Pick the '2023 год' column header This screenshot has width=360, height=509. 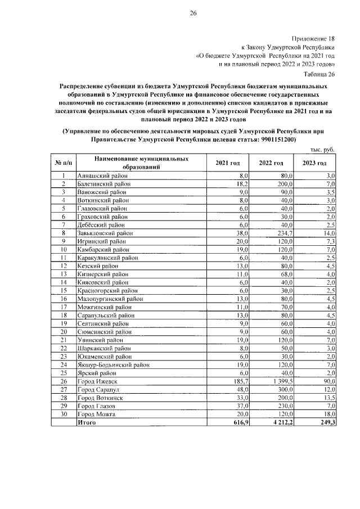[314, 163]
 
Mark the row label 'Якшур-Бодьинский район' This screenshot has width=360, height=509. [114, 365]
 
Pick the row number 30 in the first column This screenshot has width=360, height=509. [64, 414]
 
